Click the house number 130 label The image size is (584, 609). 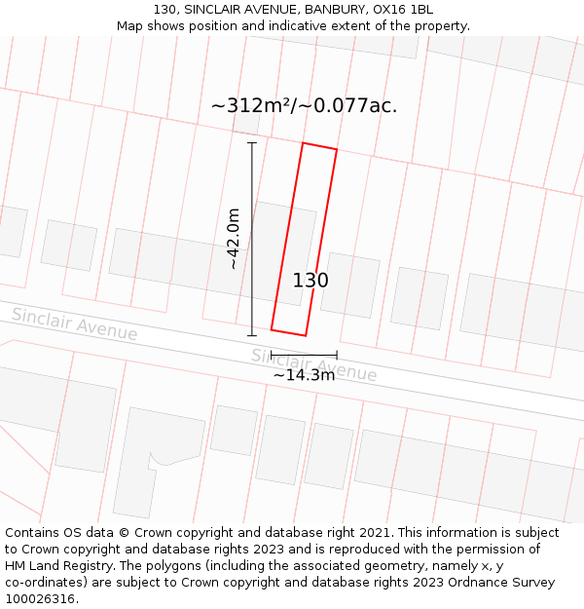pyautogui.click(x=310, y=281)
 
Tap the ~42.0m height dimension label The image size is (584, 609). pyautogui.click(x=234, y=239)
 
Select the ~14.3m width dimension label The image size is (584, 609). pyautogui.click(x=304, y=375)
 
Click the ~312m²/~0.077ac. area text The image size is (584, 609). pyautogui.click(x=304, y=105)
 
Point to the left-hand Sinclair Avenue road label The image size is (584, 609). pyautogui.click(x=74, y=324)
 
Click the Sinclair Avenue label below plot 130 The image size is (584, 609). pyautogui.click(x=313, y=365)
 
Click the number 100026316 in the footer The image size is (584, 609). pyautogui.click(x=42, y=599)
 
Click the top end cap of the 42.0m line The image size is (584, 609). pyautogui.click(x=252, y=143)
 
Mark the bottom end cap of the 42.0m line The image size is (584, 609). pyautogui.click(x=252, y=336)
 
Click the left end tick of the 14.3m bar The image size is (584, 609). pyautogui.click(x=272, y=356)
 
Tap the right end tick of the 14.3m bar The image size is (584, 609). pyautogui.click(x=337, y=356)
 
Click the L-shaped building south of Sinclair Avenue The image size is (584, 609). pyautogui.click(x=156, y=458)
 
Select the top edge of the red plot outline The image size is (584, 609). pyautogui.click(x=319, y=146)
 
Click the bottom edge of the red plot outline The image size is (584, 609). pyautogui.click(x=288, y=332)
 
